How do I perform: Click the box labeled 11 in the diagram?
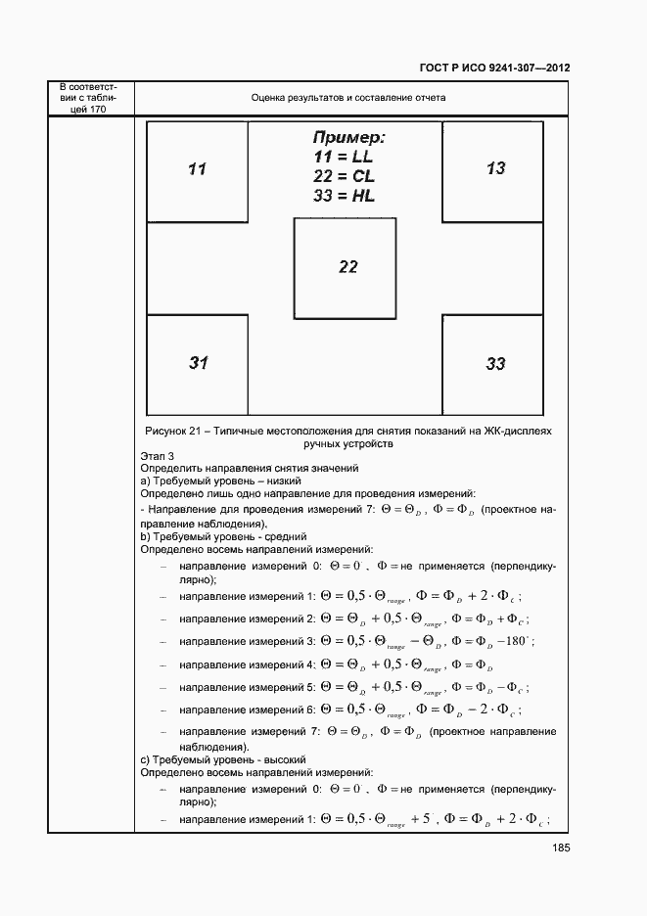(x=197, y=170)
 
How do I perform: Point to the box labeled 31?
(x=198, y=363)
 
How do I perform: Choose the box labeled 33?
(x=494, y=364)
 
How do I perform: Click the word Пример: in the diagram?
(x=348, y=137)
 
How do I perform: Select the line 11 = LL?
(x=344, y=157)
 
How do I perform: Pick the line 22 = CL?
(x=345, y=176)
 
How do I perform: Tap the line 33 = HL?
(x=345, y=196)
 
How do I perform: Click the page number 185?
(x=558, y=848)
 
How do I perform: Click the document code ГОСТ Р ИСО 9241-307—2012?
(x=496, y=69)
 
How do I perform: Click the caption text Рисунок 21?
(x=174, y=431)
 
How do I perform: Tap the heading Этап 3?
(x=158, y=456)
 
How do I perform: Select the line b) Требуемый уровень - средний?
(x=223, y=536)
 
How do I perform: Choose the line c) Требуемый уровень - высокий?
(x=224, y=758)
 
